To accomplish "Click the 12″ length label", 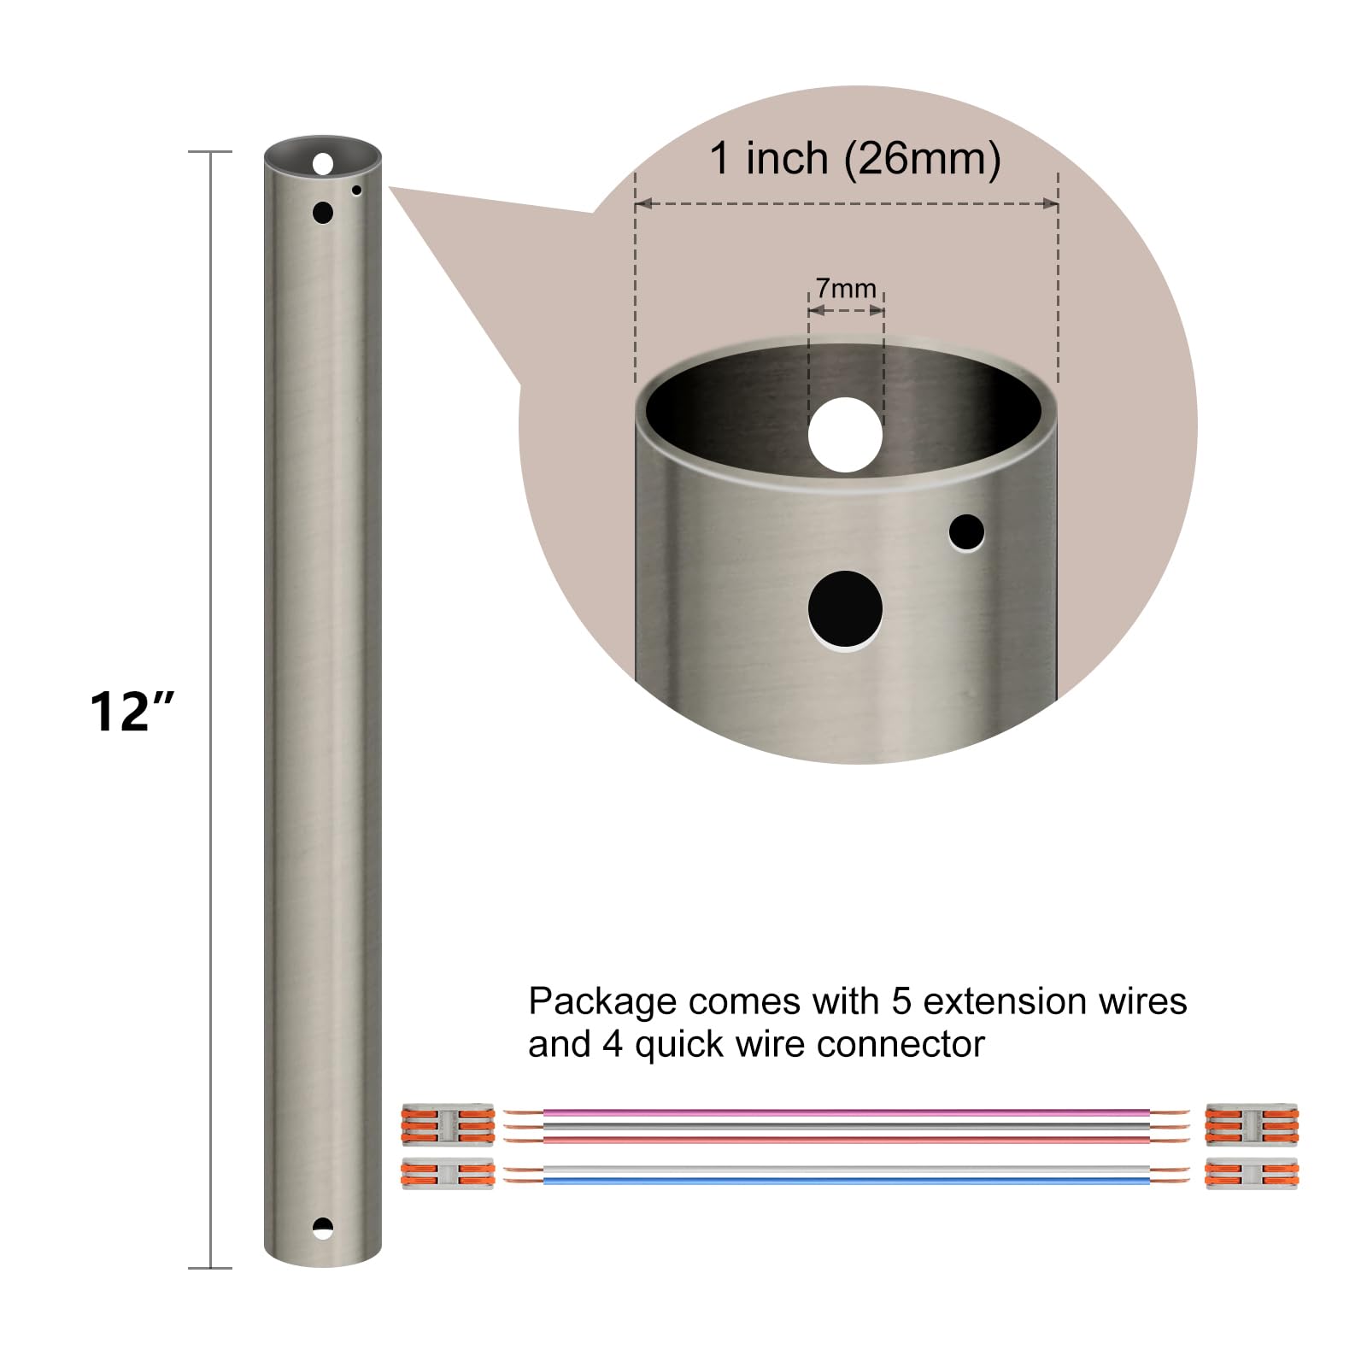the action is point(132,711).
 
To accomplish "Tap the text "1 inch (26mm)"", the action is point(855,159).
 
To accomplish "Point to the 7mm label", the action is point(846,288).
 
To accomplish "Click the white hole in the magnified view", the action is point(845,435).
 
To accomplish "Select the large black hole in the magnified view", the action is point(845,608).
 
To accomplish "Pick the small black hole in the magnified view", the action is point(966,532).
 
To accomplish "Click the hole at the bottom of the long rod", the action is point(323,1229).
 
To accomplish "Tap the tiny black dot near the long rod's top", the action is point(356,191).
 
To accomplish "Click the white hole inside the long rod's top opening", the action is point(323,163).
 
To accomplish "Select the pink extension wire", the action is point(846,1113).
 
